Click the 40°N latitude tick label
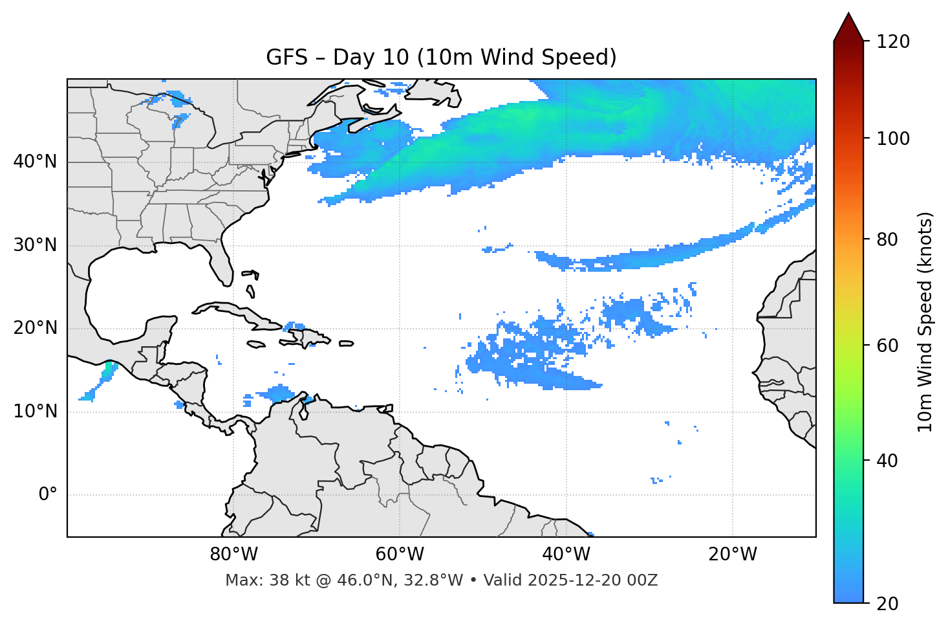[35, 162]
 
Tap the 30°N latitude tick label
[35, 245]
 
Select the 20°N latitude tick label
[35, 328]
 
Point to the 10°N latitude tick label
[35, 412]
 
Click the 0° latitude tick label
[48, 495]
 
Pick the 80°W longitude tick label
[233, 555]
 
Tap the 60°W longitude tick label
[400, 555]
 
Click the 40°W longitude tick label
[566, 555]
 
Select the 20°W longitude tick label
[732, 555]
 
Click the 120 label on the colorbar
[892, 42]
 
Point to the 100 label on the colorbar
[892, 138]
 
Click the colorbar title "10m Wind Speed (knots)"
[925, 322]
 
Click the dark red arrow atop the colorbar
[848, 27]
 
